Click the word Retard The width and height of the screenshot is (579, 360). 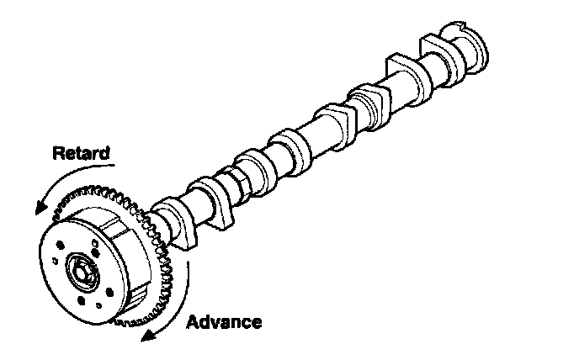[x=81, y=154]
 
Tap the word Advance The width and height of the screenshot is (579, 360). [x=224, y=322]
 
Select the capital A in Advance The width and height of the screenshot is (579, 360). [x=193, y=322]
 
